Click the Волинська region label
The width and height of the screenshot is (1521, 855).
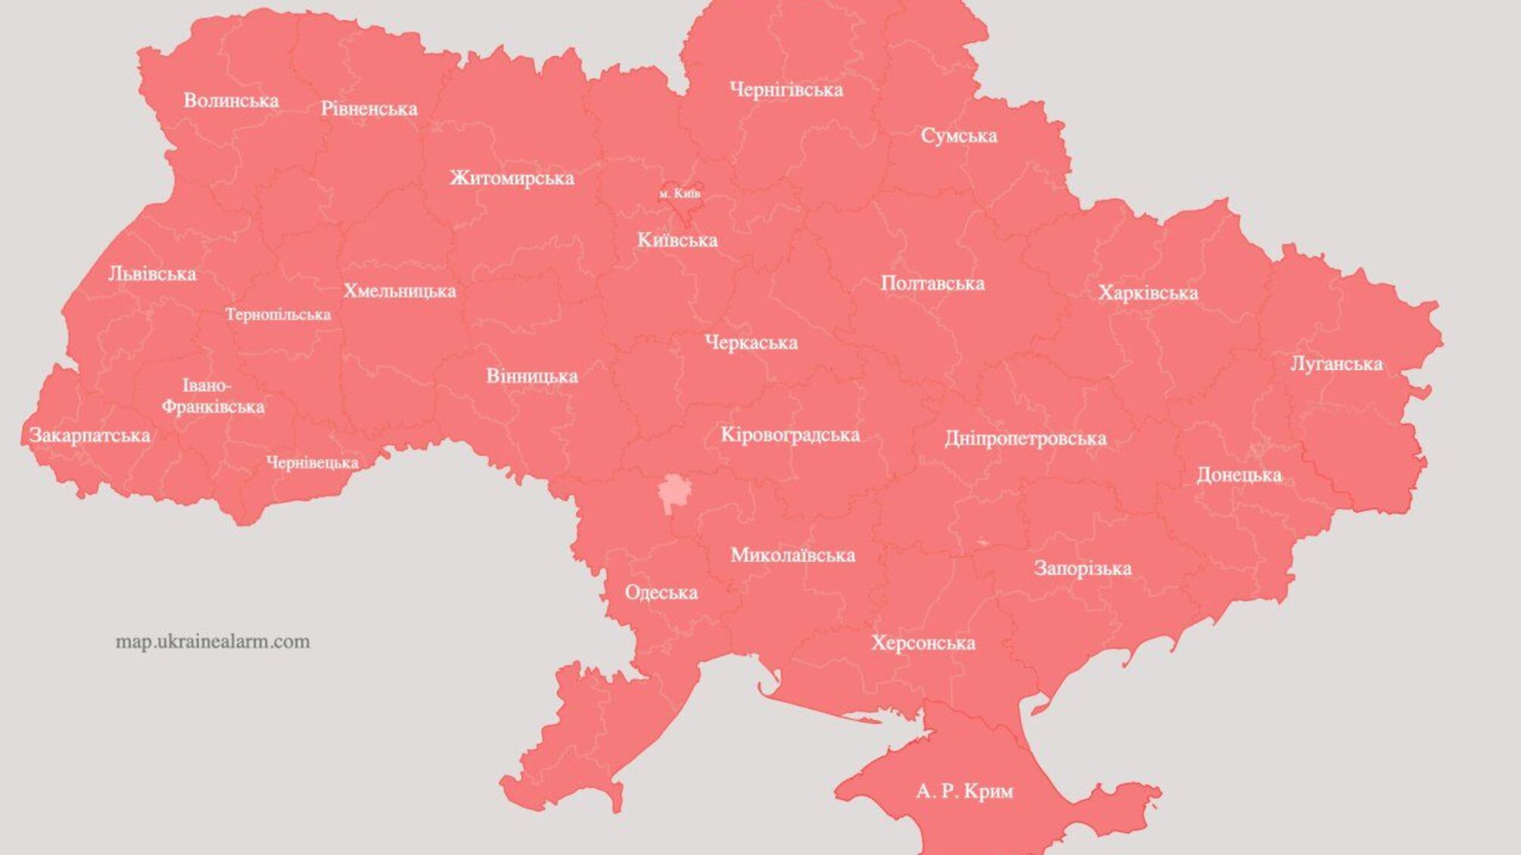pyautogui.click(x=231, y=101)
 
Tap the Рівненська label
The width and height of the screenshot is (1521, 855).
pyautogui.click(x=369, y=109)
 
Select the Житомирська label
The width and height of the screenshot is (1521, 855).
pyautogui.click(x=512, y=179)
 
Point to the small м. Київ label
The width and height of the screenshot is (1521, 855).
pyautogui.click(x=680, y=194)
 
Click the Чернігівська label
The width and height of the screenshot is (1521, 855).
pyautogui.click(x=785, y=90)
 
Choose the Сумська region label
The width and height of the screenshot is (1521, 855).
pyautogui.click(x=958, y=136)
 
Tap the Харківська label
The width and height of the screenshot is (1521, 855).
pyautogui.click(x=1147, y=294)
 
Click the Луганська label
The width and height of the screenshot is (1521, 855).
pyautogui.click(x=1336, y=364)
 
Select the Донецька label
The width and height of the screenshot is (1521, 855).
pyautogui.click(x=1238, y=475)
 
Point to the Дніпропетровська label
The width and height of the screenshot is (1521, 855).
pyautogui.click(x=1025, y=439)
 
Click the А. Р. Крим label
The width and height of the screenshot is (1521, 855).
pyautogui.click(x=963, y=791)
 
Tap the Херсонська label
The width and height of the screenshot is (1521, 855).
pyautogui.click(x=922, y=643)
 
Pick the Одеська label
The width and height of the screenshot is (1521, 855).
pyautogui.click(x=661, y=592)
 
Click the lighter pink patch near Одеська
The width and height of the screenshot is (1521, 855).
pyautogui.click(x=673, y=493)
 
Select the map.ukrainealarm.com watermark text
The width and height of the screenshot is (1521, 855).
pyautogui.click(x=213, y=642)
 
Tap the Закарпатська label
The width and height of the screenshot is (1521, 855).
pyautogui.click(x=89, y=436)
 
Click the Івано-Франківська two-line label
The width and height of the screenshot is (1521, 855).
pyautogui.click(x=212, y=396)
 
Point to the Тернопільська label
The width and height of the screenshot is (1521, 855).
pyautogui.click(x=277, y=315)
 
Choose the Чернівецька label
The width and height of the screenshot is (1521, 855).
pyautogui.click(x=312, y=462)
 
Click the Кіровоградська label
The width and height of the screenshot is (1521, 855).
pyautogui.click(x=789, y=435)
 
